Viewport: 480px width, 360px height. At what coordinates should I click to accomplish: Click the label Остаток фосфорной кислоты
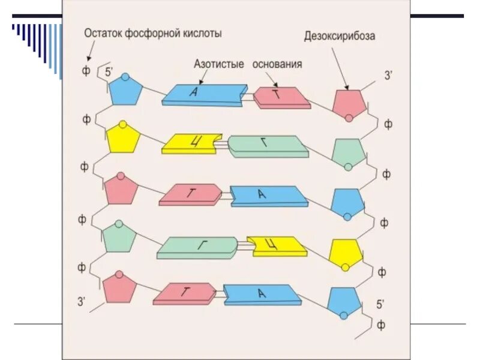point(152,34)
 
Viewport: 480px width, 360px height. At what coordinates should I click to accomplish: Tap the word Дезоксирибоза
point(340,37)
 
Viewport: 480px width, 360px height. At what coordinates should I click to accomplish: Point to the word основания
point(277,64)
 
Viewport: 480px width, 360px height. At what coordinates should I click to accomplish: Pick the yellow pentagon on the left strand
point(124,139)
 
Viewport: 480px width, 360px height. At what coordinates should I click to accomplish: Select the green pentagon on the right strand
point(347,152)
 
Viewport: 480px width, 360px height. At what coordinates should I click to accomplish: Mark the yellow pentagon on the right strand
point(346,253)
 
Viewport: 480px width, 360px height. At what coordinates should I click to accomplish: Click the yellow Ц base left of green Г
point(190,144)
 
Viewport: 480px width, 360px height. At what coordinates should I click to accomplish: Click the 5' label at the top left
point(109,72)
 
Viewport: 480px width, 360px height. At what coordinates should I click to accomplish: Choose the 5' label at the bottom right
point(380,304)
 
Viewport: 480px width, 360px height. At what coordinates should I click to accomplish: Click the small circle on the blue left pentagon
point(125,77)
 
